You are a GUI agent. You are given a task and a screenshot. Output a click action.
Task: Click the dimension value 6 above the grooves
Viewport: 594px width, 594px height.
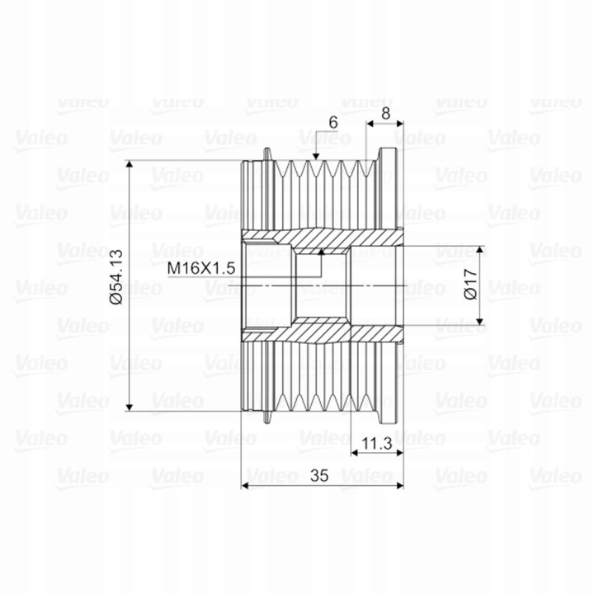coord(332,122)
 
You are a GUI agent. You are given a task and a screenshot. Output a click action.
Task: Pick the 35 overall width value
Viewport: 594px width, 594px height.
coord(321,476)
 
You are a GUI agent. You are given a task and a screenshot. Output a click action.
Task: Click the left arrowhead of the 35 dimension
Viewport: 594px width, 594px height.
coord(245,485)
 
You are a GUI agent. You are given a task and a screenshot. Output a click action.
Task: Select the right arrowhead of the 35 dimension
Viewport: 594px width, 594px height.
coord(398,485)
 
